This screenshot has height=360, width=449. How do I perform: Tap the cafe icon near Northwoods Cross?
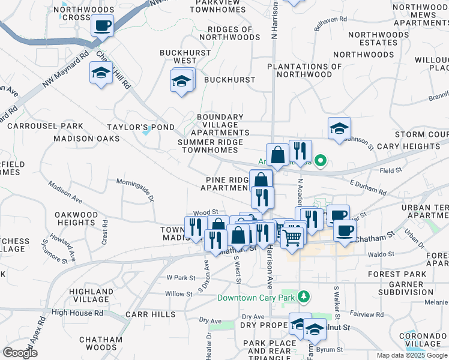tap(101, 26)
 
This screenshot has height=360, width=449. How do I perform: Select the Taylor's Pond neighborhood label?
tap(140, 127)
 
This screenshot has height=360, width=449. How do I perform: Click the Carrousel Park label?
tap(45, 126)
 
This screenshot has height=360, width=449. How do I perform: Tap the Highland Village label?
tap(91, 295)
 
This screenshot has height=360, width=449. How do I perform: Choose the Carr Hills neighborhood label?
tap(151, 314)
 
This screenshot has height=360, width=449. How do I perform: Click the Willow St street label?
tap(178, 294)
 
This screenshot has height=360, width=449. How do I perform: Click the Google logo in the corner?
tap(20, 353)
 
